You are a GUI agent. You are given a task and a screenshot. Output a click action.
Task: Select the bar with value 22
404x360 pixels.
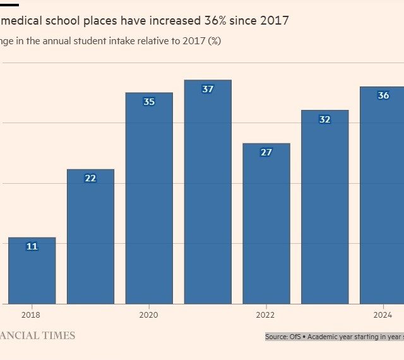[90, 236]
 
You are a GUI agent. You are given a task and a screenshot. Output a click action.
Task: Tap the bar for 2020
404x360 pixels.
[149, 198]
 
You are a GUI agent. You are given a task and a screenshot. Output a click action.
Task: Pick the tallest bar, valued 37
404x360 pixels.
[208, 192]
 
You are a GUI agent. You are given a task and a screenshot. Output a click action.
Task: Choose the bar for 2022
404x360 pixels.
[266, 224]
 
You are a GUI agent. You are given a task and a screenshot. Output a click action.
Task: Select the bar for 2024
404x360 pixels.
[383, 195]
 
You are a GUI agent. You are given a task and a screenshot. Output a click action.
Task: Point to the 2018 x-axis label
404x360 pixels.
[31, 315]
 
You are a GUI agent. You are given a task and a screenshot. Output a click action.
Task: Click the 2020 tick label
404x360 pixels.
[148, 315]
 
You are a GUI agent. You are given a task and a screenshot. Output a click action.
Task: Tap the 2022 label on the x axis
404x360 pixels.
[266, 315]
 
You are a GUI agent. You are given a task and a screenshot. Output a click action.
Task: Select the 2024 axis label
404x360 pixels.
[383, 315]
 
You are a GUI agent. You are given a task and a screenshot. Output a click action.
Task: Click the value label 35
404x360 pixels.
[149, 102]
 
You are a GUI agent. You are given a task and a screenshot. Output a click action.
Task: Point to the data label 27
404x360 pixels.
[266, 152]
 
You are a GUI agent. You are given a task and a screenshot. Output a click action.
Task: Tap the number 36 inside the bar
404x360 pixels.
[383, 95]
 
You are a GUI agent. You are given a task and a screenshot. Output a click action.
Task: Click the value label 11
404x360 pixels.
[32, 246]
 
